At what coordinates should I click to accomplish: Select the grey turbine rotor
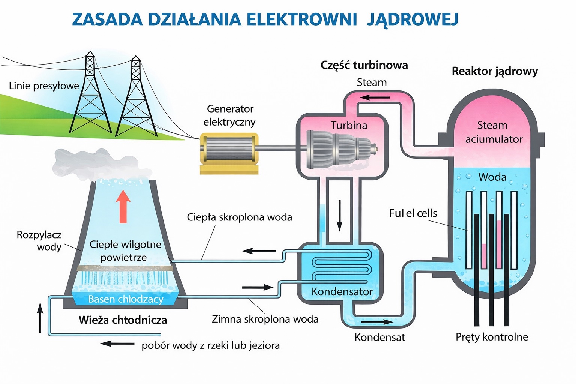[x=339, y=149]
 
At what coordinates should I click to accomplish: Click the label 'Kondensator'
[x=342, y=291]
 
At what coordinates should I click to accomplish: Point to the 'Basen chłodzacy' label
[x=126, y=299]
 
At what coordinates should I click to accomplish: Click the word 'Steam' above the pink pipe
[x=372, y=82]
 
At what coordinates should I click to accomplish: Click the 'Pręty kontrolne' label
[x=492, y=337]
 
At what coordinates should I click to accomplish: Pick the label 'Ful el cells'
[x=413, y=213]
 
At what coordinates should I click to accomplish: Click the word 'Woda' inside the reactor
[x=492, y=177]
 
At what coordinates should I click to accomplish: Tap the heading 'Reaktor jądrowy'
[x=495, y=71]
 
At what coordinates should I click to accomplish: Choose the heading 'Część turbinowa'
[x=364, y=65]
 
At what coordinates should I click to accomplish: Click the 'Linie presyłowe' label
[x=44, y=86]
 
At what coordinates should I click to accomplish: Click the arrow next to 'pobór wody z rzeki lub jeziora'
[x=117, y=343]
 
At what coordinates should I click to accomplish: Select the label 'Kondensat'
[x=379, y=337]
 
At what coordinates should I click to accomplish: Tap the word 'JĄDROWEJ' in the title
[x=412, y=19]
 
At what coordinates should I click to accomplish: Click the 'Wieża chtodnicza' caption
[x=123, y=320]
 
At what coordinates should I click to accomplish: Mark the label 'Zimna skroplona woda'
[x=265, y=319]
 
